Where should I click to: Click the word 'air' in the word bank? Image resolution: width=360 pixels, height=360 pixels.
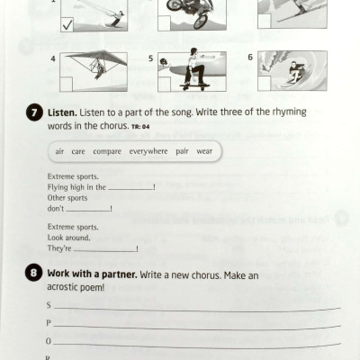pos(59,152)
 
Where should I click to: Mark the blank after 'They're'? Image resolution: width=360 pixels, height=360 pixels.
pos(107,248)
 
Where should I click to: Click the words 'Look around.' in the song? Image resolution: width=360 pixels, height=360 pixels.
pos(67,238)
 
